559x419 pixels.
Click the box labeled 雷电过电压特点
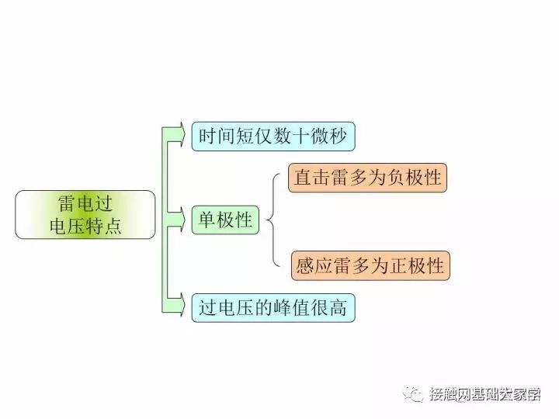(85, 215)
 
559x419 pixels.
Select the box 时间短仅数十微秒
(273, 137)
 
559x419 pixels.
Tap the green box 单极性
(226, 220)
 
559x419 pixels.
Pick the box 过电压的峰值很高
(273, 308)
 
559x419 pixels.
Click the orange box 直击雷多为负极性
(368, 177)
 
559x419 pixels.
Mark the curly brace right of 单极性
(273, 221)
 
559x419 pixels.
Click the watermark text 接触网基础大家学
(485, 394)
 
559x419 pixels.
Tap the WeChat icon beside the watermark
(415, 394)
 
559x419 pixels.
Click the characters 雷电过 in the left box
(85, 204)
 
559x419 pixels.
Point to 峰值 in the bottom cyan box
(288, 308)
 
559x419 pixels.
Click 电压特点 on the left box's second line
(85, 227)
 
